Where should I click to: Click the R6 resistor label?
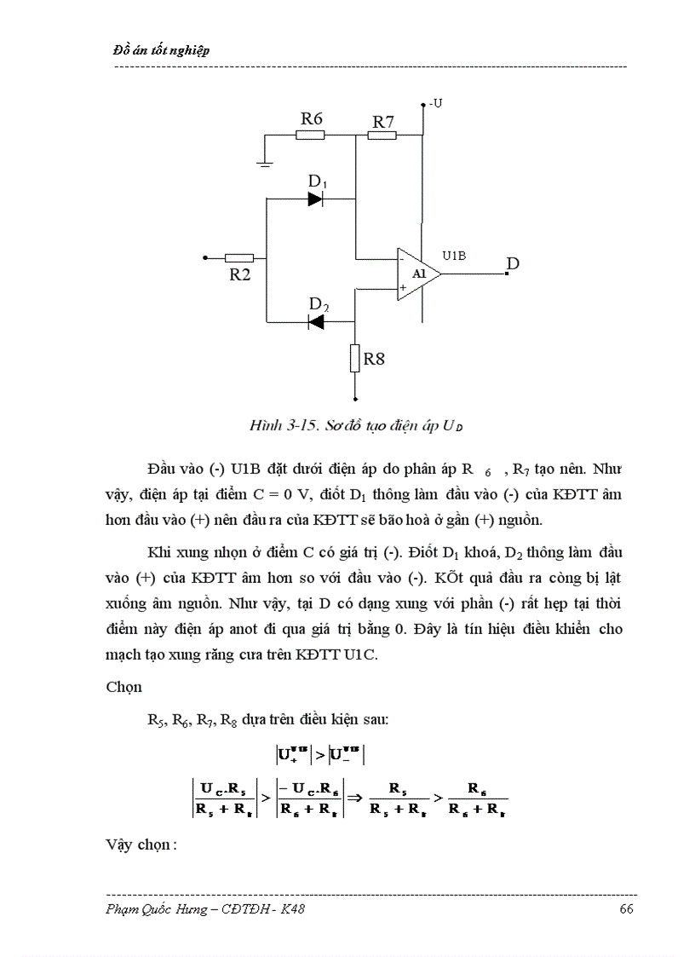(x=312, y=118)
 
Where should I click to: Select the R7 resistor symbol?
(x=383, y=135)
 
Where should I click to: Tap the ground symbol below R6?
(x=267, y=162)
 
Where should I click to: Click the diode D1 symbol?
(x=316, y=199)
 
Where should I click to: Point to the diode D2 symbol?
(x=317, y=321)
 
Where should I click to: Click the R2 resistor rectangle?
(x=239, y=257)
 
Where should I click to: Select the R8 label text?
(x=374, y=359)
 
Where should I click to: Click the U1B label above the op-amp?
(x=454, y=255)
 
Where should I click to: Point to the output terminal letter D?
(x=513, y=264)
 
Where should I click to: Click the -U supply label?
(x=436, y=103)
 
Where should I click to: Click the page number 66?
(x=626, y=909)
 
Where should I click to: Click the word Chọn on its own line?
(x=124, y=686)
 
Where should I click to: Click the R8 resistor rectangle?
(x=355, y=359)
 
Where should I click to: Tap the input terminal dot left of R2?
(x=204, y=257)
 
